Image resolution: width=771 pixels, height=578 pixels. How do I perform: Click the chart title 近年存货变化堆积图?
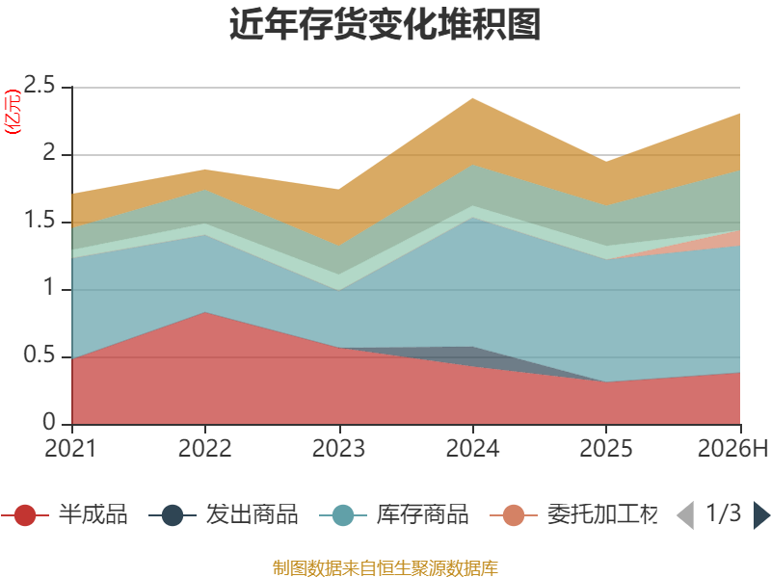[385, 23]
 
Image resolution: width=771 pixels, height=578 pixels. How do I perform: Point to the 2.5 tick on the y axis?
[40, 85]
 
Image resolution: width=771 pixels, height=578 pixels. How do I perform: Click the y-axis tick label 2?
[49, 152]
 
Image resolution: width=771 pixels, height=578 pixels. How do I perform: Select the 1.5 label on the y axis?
[40, 220]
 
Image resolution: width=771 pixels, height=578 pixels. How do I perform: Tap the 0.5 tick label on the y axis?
[40, 355]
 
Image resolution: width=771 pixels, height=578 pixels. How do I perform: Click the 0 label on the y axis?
[49, 422]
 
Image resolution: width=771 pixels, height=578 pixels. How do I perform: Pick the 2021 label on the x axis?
[70, 448]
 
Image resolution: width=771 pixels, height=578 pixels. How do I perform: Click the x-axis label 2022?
[204, 448]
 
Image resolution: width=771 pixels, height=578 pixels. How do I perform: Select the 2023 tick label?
[339, 448]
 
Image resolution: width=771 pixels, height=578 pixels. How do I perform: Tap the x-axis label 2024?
[472, 448]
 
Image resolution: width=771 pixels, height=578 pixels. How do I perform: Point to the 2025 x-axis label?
[606, 448]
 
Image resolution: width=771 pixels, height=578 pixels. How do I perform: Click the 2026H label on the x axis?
[732, 448]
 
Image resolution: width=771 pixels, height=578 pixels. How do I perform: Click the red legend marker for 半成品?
[25, 515]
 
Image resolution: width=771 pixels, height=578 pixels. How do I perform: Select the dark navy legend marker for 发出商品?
[173, 515]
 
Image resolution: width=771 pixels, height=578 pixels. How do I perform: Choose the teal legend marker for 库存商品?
[343, 515]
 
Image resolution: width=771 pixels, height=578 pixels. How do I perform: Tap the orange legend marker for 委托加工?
[514, 515]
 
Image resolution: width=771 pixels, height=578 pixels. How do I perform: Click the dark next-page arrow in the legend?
[761, 515]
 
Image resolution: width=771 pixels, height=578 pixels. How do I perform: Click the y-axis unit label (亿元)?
[13, 112]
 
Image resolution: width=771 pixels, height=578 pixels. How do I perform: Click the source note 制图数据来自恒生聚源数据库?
[385, 568]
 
